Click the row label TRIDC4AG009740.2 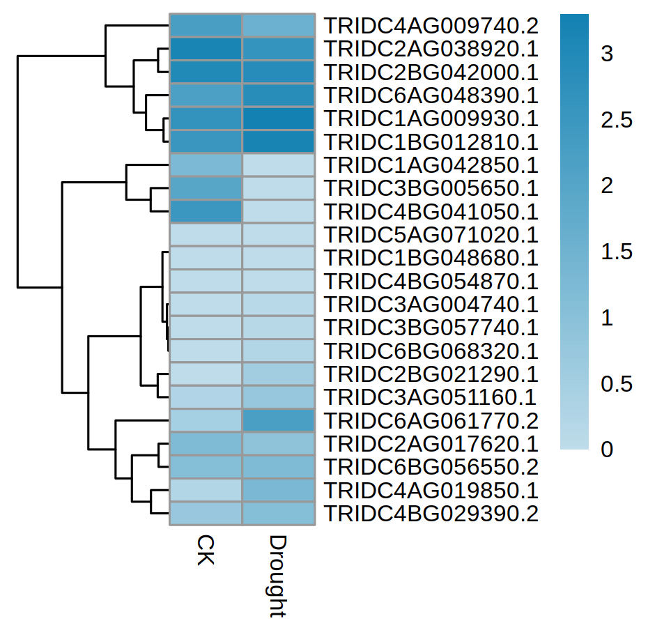pos(431,26)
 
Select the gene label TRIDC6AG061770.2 pos(431,421)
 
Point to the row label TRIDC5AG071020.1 pos(431,235)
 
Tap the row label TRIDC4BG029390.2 pos(431,514)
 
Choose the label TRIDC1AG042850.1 pos(431,165)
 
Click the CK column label pos(205,551)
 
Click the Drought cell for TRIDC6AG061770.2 pos(278,421)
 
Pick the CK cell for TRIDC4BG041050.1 pos(206,212)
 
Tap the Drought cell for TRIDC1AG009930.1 pos(278,119)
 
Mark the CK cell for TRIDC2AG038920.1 pos(206,49)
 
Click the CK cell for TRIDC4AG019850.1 pos(206,491)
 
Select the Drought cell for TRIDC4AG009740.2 pos(278,26)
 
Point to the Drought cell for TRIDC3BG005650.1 pos(278,189)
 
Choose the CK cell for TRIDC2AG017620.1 pos(206,444)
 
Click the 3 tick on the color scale pos(607,54)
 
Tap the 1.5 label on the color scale pos(617,252)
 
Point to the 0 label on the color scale pos(607,450)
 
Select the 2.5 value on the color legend pos(617,120)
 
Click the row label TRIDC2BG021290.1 pos(431,374)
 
